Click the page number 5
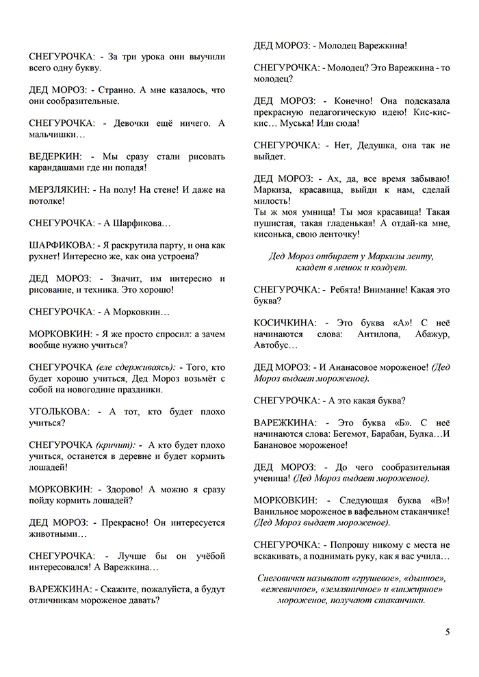447,632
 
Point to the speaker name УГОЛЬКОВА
60,412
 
